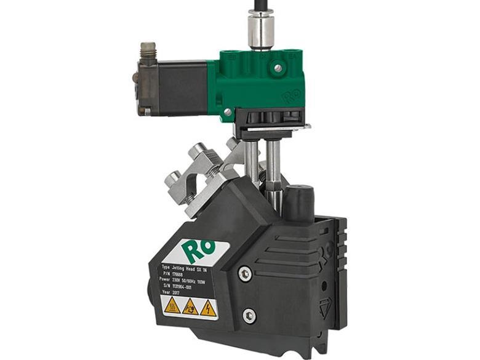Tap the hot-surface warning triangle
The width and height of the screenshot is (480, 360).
[x=172, y=305]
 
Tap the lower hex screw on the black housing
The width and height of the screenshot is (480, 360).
[x=249, y=316]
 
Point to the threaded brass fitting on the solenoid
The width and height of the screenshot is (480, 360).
[x=148, y=52]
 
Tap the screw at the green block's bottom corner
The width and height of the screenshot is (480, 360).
[x=228, y=112]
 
